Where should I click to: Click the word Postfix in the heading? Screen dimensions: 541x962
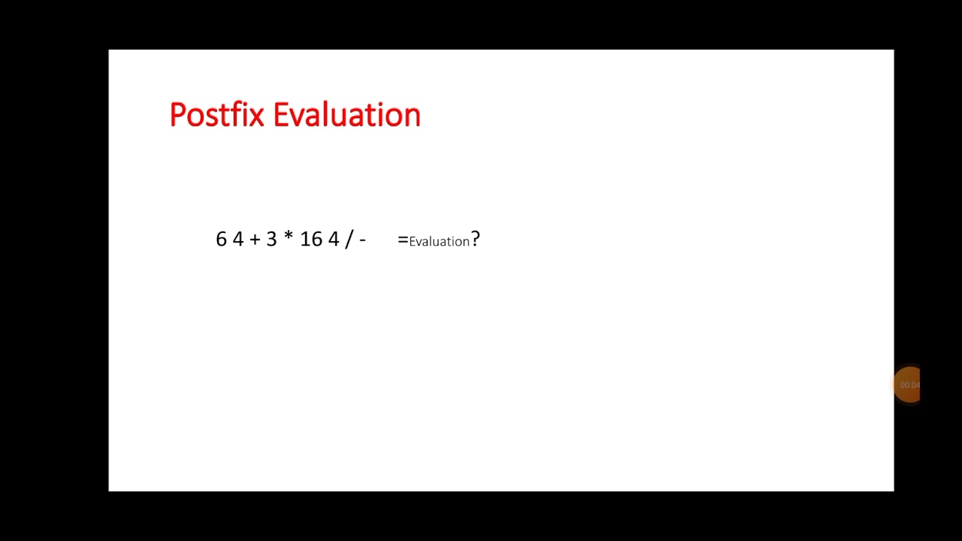(x=216, y=116)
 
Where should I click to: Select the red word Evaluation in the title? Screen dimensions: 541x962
(x=346, y=116)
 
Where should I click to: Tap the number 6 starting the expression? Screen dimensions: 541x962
(x=221, y=239)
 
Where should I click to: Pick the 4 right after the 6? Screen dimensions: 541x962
(x=238, y=239)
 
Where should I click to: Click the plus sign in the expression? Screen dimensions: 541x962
(x=255, y=240)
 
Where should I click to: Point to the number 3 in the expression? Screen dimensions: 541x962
(x=271, y=239)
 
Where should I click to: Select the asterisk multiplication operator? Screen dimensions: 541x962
(x=289, y=237)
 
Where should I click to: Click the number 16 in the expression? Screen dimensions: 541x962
(x=311, y=239)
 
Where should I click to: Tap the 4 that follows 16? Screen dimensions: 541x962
(x=334, y=239)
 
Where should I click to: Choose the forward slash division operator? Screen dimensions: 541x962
(x=349, y=239)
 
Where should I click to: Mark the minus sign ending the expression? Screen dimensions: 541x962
(x=363, y=240)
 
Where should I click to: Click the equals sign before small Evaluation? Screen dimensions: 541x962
(x=403, y=240)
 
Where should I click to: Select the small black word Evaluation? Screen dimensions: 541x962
(x=439, y=241)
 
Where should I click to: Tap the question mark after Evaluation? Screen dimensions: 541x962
(x=475, y=240)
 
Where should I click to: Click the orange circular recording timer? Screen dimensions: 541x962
(x=909, y=385)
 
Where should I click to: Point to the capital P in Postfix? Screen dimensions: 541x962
(x=177, y=116)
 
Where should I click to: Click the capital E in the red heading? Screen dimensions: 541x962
(x=280, y=116)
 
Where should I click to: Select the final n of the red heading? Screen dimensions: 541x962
(x=413, y=118)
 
